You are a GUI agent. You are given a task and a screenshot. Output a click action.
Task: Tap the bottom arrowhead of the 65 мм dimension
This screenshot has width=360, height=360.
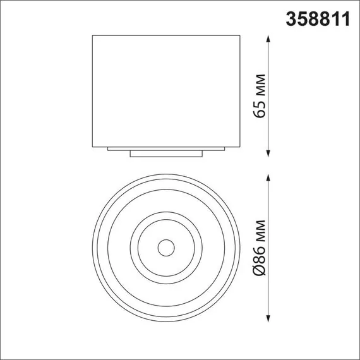point(269,152)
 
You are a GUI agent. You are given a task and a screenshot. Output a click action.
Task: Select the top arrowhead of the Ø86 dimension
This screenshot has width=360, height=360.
point(269,175)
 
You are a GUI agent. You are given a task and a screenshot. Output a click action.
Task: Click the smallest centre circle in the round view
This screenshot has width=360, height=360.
point(166,247)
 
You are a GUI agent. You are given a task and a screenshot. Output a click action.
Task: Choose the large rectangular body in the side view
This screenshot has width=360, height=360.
point(166,91)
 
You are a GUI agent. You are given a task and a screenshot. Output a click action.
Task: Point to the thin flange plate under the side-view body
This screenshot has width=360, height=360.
point(166,148)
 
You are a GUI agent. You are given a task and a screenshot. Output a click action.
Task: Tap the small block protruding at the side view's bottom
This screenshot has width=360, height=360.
point(166,153)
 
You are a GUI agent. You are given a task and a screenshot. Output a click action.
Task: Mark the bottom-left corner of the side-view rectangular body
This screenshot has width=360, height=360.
point(93,146)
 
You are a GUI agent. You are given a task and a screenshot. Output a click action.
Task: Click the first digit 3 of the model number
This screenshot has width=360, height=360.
point(292,19)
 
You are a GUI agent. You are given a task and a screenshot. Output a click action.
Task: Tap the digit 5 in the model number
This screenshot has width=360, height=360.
point(302,19)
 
